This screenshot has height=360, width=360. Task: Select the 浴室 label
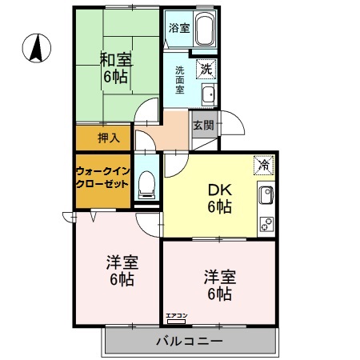(179, 28)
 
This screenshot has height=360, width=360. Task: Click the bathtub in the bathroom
(203, 30)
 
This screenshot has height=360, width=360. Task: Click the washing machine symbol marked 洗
(206, 69)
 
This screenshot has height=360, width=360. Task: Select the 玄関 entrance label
(202, 125)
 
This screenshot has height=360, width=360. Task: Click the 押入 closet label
(109, 138)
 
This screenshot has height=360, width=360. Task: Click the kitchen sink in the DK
(265, 194)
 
